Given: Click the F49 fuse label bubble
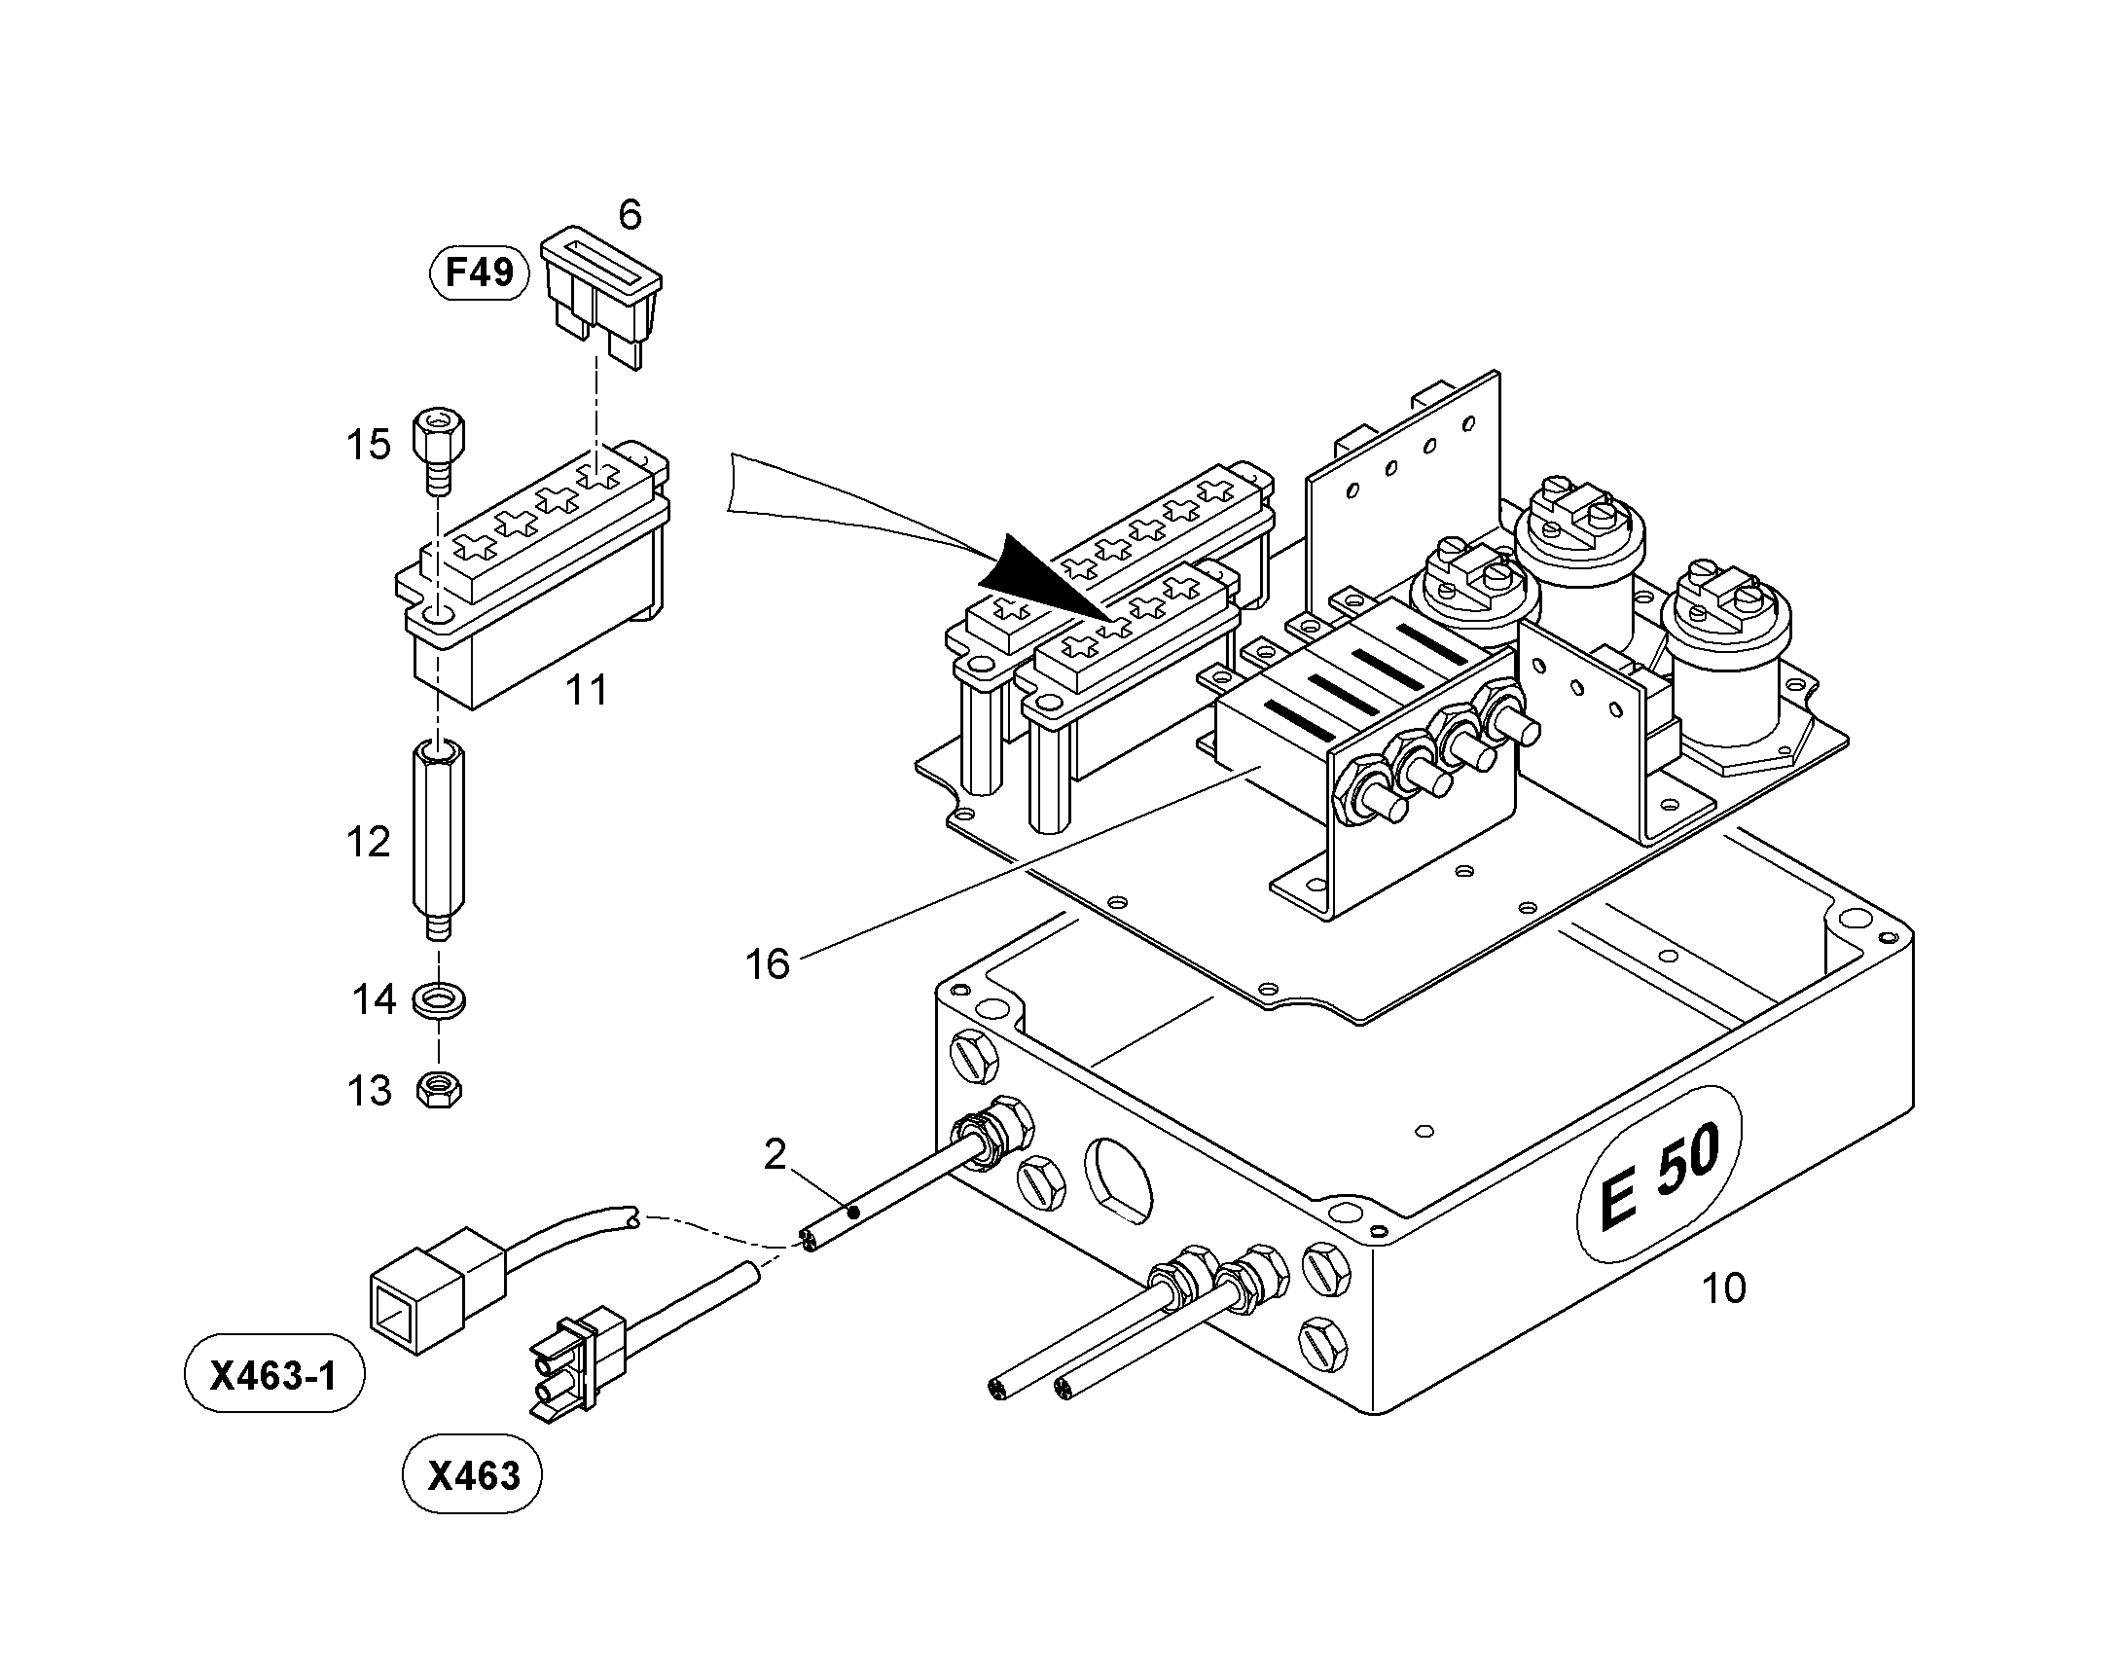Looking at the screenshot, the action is [479, 272].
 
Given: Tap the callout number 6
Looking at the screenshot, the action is [631, 215].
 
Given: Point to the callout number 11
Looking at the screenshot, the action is [587, 691].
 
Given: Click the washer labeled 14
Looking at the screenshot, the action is [439, 1000].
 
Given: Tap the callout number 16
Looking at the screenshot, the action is [767, 964].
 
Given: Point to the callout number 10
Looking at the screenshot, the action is [1723, 1288].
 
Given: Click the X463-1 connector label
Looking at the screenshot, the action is [274, 1374].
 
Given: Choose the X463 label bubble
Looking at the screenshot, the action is [473, 1474].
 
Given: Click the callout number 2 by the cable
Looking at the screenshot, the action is [775, 1155].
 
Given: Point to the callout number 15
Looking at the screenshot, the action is [369, 445].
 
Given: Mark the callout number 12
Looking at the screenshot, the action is [368, 843].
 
